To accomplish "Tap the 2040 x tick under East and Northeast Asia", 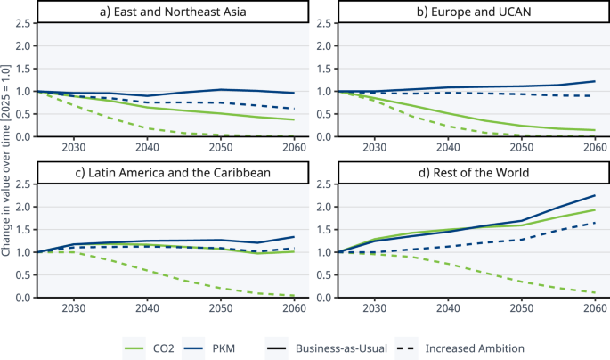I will tap(147, 147).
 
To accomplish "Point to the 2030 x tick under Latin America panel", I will tap(74, 308).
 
